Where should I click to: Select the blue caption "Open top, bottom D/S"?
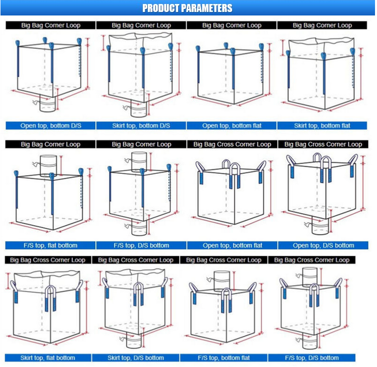pos(50,126)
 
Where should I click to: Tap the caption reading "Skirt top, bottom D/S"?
pos(141,126)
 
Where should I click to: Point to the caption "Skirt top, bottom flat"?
pos(322,126)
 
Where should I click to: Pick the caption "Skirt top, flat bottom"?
pos(48,358)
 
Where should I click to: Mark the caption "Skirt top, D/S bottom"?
pos(136,358)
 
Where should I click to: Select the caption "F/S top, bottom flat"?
pos(224,358)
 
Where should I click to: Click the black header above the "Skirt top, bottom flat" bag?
pos(322,25)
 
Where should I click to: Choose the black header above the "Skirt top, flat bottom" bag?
pos(48,260)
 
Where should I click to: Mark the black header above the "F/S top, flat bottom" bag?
pos(50,144)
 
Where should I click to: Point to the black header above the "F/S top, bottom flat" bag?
pos(224,260)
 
